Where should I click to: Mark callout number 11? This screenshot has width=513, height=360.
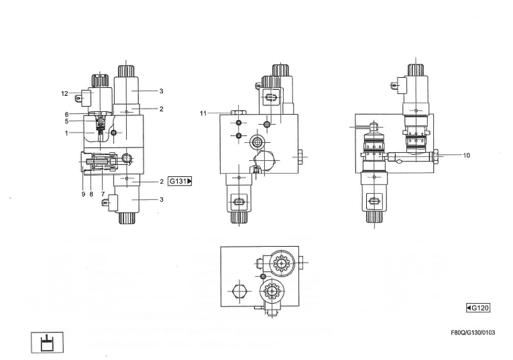click(203, 113)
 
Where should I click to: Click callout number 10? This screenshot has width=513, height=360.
click(467, 156)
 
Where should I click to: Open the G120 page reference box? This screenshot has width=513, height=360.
click(479, 308)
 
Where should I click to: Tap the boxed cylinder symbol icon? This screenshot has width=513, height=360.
click(44, 341)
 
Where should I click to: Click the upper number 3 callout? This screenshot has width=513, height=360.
click(161, 91)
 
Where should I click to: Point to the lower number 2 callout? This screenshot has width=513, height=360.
click(161, 182)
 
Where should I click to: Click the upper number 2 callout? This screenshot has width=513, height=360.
click(161, 108)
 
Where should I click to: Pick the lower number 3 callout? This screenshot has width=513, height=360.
click(161, 200)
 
